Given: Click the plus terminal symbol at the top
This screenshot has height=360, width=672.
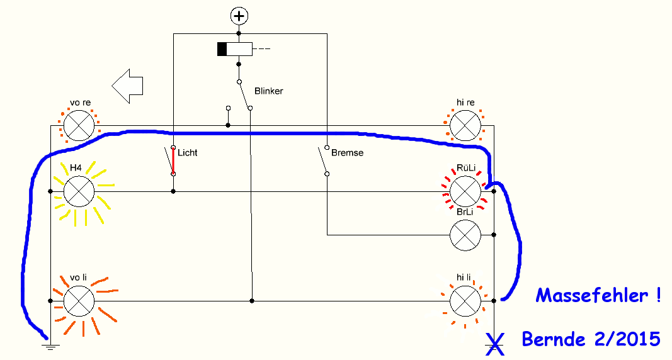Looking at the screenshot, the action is coord(239,16).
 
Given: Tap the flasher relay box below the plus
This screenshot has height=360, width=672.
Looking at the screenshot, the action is coord(234,49).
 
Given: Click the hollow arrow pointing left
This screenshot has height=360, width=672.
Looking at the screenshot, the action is coord(127,86).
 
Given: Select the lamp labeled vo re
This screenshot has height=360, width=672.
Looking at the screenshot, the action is coord(79,125).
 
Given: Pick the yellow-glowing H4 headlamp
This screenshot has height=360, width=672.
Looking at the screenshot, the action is coord(79,191).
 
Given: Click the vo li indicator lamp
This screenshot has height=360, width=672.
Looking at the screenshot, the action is coord(79,301).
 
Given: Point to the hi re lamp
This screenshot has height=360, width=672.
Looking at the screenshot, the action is coord(465,125).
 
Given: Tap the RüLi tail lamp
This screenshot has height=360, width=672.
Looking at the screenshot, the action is coord(465,191).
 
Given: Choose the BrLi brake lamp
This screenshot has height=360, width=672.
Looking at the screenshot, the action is coord(465,235).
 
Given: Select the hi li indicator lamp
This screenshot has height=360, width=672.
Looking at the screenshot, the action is coord(465,301).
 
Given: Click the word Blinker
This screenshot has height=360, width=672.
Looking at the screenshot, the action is coord(269,91).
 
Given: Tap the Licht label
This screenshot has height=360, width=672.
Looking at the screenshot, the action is coord(187,153).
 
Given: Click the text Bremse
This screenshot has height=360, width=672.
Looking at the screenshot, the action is coord(347,153).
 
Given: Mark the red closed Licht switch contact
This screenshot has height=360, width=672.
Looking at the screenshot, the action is coord(173,161).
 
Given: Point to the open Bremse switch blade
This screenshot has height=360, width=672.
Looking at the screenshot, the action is coord(322,160).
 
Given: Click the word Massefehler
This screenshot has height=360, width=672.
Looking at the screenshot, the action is coord(592,295).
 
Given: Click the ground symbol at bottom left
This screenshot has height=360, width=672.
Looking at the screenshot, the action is coord(50,347).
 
